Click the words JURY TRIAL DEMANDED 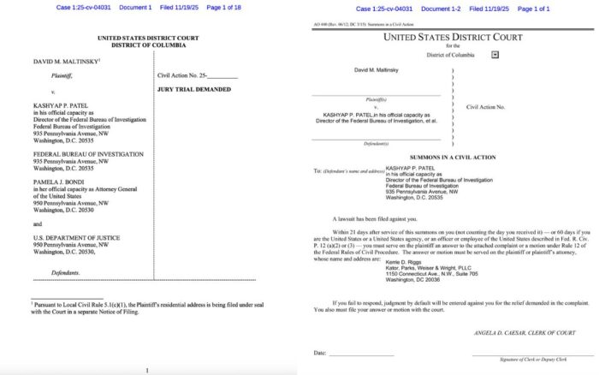tap(191, 89)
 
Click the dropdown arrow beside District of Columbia tap(495, 54)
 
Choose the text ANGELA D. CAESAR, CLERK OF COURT tap(521, 331)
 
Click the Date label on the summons tap(319, 353)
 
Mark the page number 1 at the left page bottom tap(146, 369)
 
